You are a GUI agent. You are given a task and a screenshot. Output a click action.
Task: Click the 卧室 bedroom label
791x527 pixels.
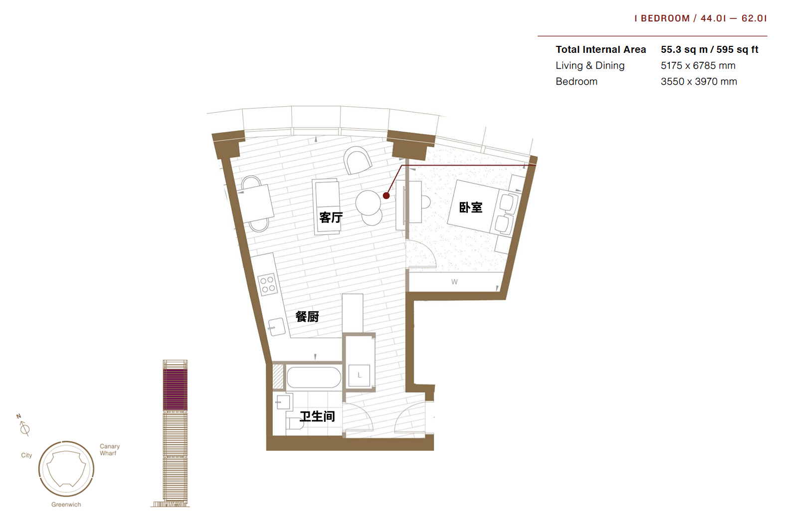(470, 207)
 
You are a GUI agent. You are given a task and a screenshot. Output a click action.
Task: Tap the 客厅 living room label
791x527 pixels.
(331, 217)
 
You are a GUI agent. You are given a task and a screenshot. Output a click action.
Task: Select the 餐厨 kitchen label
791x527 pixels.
(307, 316)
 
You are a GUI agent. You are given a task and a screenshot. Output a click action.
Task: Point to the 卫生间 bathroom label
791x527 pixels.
(317, 416)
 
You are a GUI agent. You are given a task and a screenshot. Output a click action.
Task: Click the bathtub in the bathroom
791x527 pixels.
(314, 377)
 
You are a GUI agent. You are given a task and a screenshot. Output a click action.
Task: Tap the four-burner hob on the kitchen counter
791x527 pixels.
(267, 284)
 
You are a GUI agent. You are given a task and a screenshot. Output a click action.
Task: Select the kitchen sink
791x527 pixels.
(276, 327)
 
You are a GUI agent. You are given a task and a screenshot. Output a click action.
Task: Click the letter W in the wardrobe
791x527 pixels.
(454, 282)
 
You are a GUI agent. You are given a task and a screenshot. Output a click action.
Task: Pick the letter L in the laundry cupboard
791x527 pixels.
(360, 375)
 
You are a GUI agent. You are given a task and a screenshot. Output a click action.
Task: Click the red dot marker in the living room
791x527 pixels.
(387, 195)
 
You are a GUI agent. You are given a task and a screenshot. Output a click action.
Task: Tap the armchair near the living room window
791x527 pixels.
(358, 161)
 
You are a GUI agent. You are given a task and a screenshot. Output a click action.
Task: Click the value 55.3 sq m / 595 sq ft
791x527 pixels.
(709, 50)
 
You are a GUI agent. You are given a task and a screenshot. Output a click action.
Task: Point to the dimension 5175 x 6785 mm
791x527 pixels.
(698, 66)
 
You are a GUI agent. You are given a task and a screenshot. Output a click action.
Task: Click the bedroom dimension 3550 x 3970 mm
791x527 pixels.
(699, 82)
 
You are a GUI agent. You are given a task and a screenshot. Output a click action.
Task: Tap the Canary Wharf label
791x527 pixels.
(109, 450)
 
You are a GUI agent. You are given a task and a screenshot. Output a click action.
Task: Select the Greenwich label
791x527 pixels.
(66, 505)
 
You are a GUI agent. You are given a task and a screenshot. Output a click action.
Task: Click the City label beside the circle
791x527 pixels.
(26, 455)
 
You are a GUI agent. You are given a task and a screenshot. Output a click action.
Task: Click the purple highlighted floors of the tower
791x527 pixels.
(175, 389)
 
